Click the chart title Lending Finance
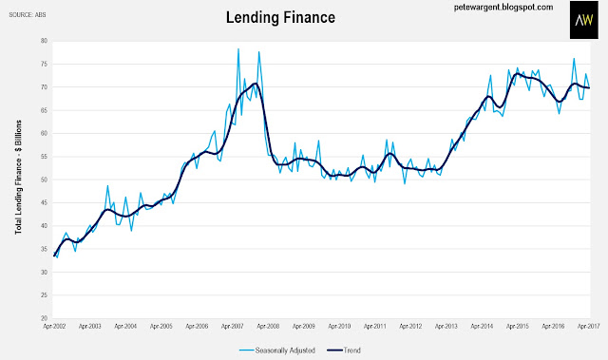coord(280,18)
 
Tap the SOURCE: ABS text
coord(28,15)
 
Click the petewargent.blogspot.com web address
coord(503,7)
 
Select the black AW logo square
coord(583,20)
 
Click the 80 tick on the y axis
coord(44,41)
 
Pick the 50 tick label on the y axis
coord(44,180)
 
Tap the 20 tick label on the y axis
coord(44,318)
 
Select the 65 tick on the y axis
coord(44,110)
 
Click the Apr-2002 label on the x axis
coord(54,327)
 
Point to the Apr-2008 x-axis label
coord(268,327)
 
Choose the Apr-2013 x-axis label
coord(446,327)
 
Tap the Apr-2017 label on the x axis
coord(588,327)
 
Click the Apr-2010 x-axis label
coord(339,327)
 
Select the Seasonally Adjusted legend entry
coord(277,351)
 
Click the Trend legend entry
coord(344,351)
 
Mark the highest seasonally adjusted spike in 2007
coord(238,48)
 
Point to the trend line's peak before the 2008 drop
coord(255,84)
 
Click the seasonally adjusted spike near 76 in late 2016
coord(574,59)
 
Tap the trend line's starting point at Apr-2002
coord(54,256)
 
